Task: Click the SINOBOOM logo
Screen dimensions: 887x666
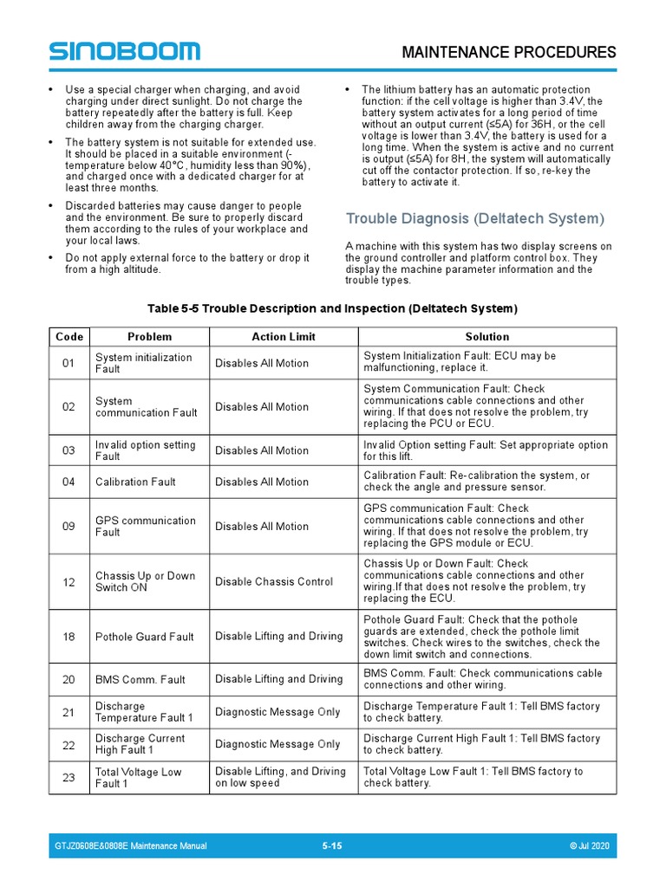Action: pyautogui.click(x=124, y=51)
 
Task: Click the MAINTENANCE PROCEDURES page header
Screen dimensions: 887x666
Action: pyautogui.click(x=509, y=52)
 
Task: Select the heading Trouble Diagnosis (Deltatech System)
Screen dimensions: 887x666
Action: pyautogui.click(x=474, y=218)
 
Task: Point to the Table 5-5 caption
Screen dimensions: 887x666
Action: pyautogui.click(x=332, y=308)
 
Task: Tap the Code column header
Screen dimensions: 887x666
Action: pyautogui.click(x=69, y=336)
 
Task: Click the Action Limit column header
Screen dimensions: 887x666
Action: pyautogui.click(x=284, y=336)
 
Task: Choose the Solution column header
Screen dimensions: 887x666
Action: pyautogui.click(x=486, y=336)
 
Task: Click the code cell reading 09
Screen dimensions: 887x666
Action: pyautogui.click(x=69, y=526)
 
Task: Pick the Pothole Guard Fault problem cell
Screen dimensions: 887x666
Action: pyautogui.click(x=145, y=637)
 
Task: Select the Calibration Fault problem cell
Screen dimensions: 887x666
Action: pyautogui.click(x=135, y=482)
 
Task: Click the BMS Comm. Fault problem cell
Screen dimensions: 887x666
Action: pyautogui.click(x=140, y=679)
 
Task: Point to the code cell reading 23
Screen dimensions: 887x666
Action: pyautogui.click(x=69, y=777)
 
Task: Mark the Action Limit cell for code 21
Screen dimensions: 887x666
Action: pyautogui.click(x=277, y=712)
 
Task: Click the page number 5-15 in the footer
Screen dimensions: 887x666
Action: pyautogui.click(x=332, y=845)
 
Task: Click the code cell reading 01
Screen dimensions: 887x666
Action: pyautogui.click(x=69, y=363)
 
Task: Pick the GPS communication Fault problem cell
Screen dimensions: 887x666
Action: pyautogui.click(x=146, y=526)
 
